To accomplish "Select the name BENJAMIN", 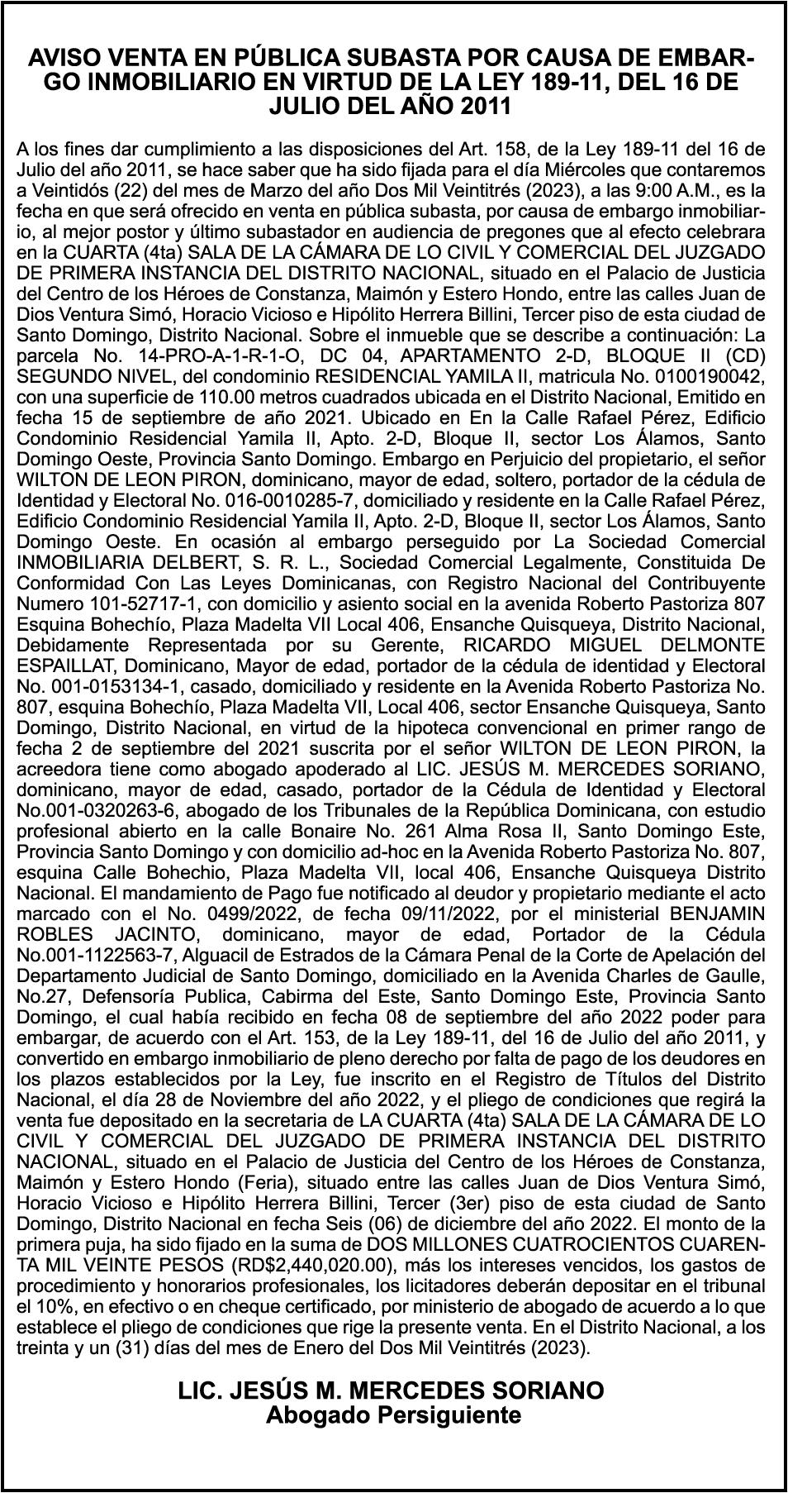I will pos(705,913).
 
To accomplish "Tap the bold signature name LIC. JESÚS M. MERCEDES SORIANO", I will pos(392,1390).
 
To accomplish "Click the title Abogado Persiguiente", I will pos(393,1415).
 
